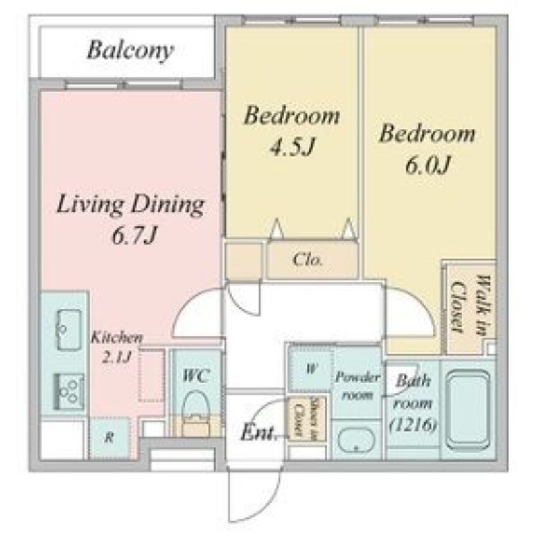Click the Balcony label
click(130, 51)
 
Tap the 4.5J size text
click(292, 147)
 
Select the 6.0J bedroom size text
click(427, 165)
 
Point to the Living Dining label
click(130, 205)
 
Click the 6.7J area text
click(134, 236)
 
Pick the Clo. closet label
click(308, 260)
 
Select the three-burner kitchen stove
click(69, 391)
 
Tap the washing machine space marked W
click(311, 369)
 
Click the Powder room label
click(358, 386)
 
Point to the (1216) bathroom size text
click(413, 425)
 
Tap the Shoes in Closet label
click(306, 418)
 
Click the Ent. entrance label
click(259, 433)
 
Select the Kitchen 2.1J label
click(116, 347)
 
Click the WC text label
click(195, 376)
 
